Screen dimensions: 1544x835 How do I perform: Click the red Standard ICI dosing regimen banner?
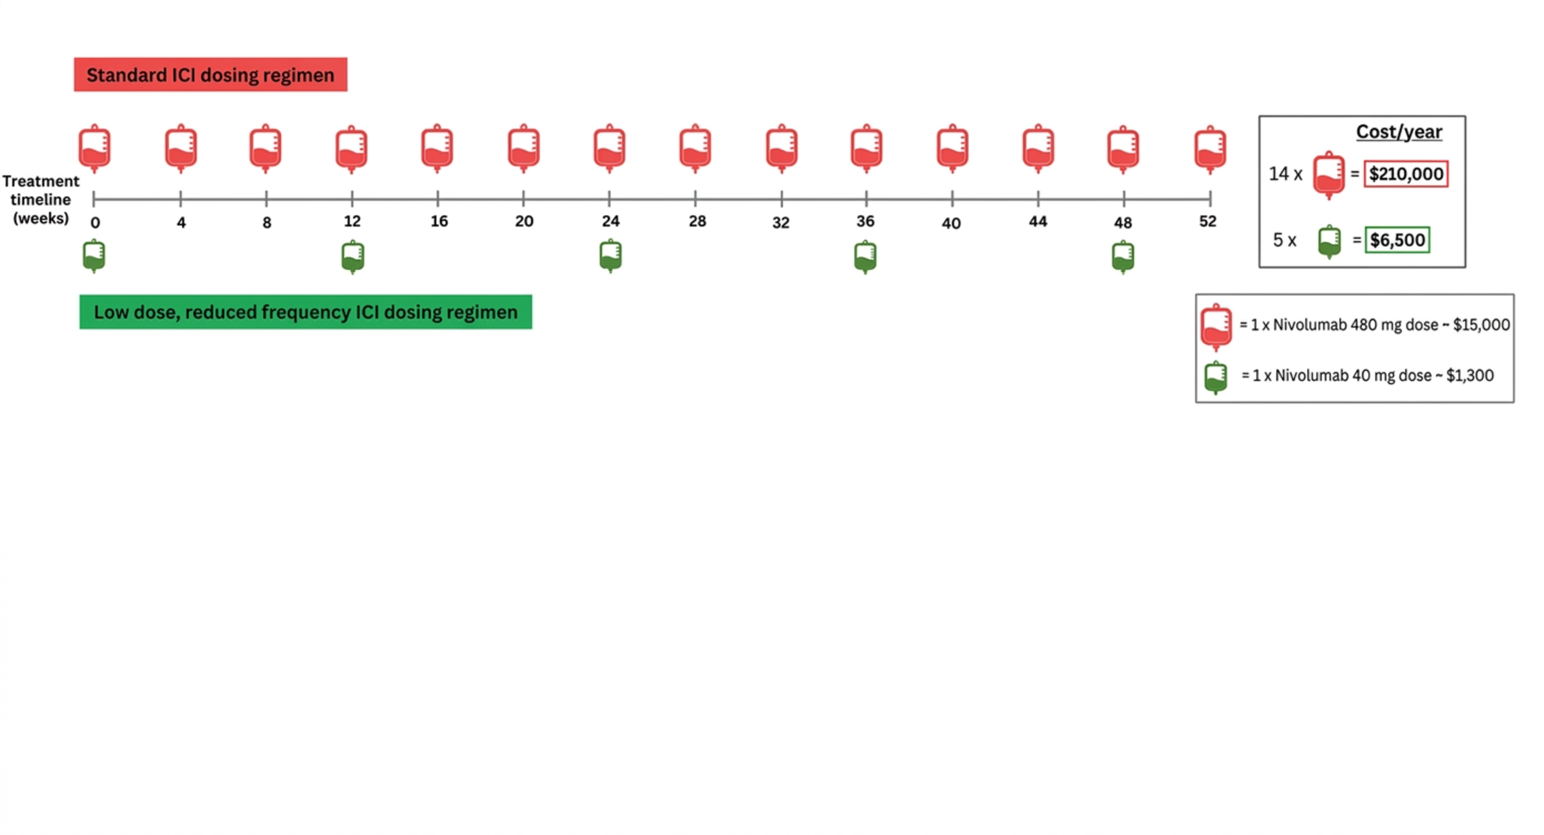point(210,74)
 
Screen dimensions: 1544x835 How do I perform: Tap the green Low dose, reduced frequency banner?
point(306,311)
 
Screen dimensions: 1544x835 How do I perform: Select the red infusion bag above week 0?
point(95,149)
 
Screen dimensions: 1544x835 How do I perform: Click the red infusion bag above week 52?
point(1210,149)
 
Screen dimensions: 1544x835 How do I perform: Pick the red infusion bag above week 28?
point(695,149)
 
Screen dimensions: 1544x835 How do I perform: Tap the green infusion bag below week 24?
point(611,257)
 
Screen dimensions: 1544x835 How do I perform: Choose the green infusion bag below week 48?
point(1123,257)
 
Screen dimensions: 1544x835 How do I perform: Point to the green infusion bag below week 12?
point(352,257)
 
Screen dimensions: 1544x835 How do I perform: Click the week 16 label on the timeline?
point(439,221)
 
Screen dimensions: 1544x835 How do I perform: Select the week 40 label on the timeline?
point(951,223)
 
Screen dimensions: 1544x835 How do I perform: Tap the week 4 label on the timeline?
point(181,223)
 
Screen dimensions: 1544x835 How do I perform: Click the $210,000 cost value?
point(1406,174)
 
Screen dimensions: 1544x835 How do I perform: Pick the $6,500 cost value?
point(1397,239)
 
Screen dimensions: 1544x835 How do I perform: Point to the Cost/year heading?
point(1399,132)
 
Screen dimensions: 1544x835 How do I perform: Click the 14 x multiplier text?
point(1285,174)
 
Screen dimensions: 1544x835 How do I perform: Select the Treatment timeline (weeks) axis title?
point(41,199)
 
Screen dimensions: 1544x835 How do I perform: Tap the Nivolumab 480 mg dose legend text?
point(1374,325)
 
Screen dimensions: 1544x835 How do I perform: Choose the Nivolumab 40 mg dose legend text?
point(1367,375)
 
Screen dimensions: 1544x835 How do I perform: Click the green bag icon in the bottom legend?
point(1216,377)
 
